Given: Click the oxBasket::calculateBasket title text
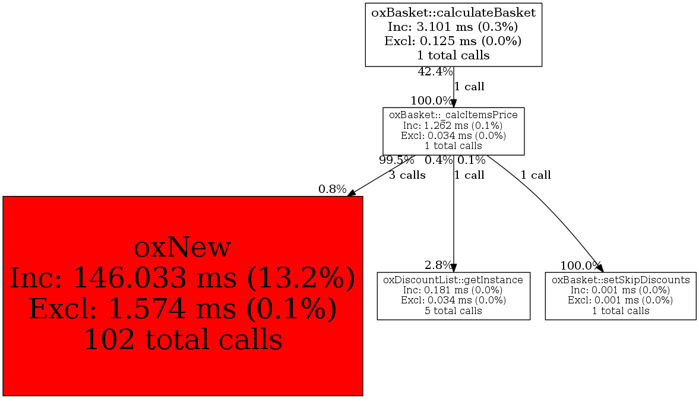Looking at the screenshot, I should coord(453,12).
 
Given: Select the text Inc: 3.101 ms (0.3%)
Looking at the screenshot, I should coord(453,27).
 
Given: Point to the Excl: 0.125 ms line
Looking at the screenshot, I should coord(453,41).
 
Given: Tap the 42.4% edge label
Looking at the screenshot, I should coord(435,72).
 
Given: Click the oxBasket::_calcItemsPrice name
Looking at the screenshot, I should coord(453,115).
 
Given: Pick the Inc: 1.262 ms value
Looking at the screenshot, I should coord(453,125).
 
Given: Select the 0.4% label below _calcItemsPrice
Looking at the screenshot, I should coord(438,160).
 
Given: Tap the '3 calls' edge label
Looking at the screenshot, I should coord(407,175).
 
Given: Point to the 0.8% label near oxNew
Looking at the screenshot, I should coord(332,189).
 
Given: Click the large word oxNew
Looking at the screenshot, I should coord(182,247).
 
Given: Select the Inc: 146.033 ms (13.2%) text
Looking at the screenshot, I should coord(182,278).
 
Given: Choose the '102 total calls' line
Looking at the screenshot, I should coord(182,340).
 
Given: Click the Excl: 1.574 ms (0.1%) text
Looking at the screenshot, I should coord(182,309).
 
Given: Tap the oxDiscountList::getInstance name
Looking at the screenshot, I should coord(453,280).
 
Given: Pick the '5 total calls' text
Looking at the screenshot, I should coord(453,311).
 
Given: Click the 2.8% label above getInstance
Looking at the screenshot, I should coord(438,265).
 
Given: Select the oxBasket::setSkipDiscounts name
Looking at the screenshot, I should coord(621,280).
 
